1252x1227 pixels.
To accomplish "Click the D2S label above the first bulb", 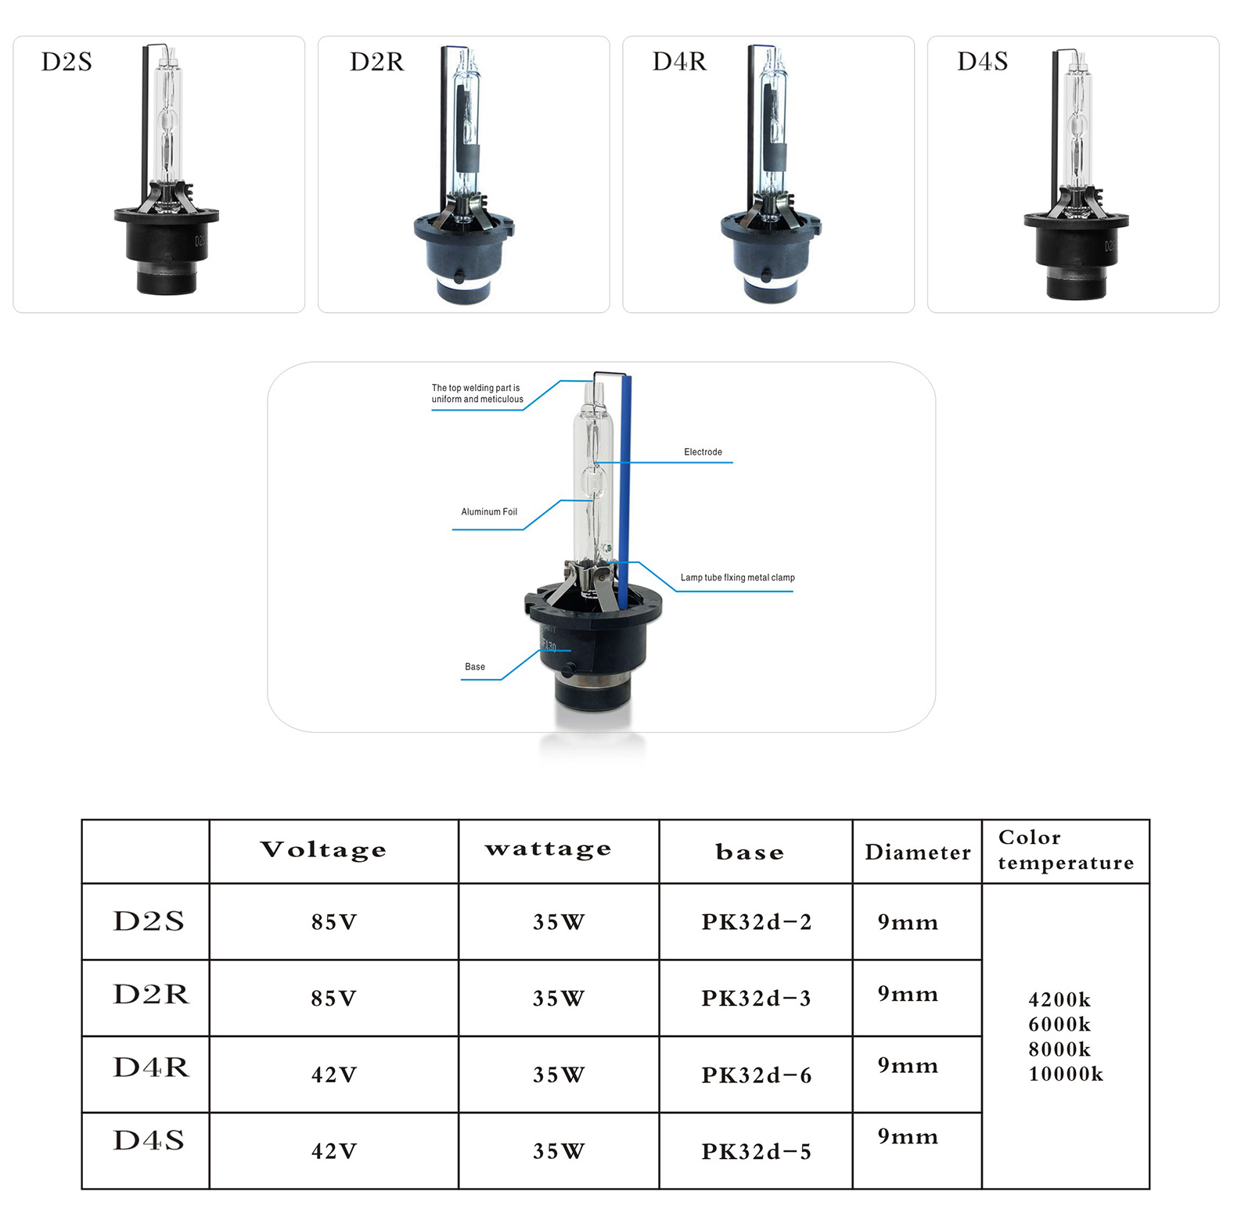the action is coord(67,62).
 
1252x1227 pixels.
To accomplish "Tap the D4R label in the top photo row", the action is coord(679,62).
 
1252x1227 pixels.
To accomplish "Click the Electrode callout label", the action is coord(703,452).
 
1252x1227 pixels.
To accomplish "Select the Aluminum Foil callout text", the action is coord(489,512).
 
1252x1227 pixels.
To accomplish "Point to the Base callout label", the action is coord(475,667).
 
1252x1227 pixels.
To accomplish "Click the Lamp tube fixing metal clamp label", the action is coord(737,578).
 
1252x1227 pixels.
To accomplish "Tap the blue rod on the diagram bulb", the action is coord(624,493).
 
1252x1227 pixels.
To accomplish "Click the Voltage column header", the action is coord(323,850).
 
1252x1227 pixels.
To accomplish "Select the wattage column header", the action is coord(548,850).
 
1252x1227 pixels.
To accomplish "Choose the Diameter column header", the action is coord(918,852).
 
